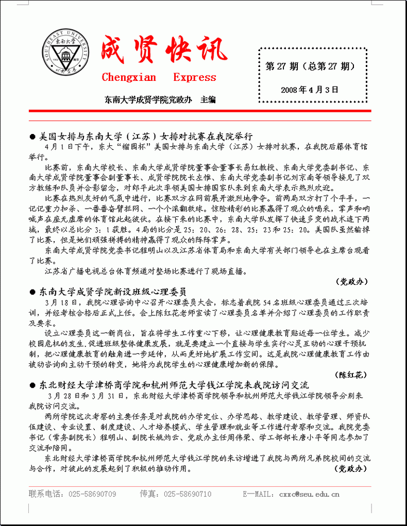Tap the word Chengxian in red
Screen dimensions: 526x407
tap(129, 78)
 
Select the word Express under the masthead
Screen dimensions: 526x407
tap(195, 78)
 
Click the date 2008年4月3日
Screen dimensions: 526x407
tap(310, 89)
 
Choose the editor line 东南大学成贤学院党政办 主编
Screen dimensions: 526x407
tap(160, 99)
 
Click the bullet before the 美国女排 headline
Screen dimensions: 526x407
tap(32, 137)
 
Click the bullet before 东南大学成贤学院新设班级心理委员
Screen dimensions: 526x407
tap(32, 292)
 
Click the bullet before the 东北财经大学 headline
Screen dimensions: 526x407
tap(32, 385)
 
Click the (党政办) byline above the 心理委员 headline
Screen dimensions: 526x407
tap(352, 281)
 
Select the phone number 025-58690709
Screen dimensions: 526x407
tap(92, 494)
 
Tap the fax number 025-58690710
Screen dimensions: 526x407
tap(188, 494)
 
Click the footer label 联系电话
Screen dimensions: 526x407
tap(44, 494)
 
